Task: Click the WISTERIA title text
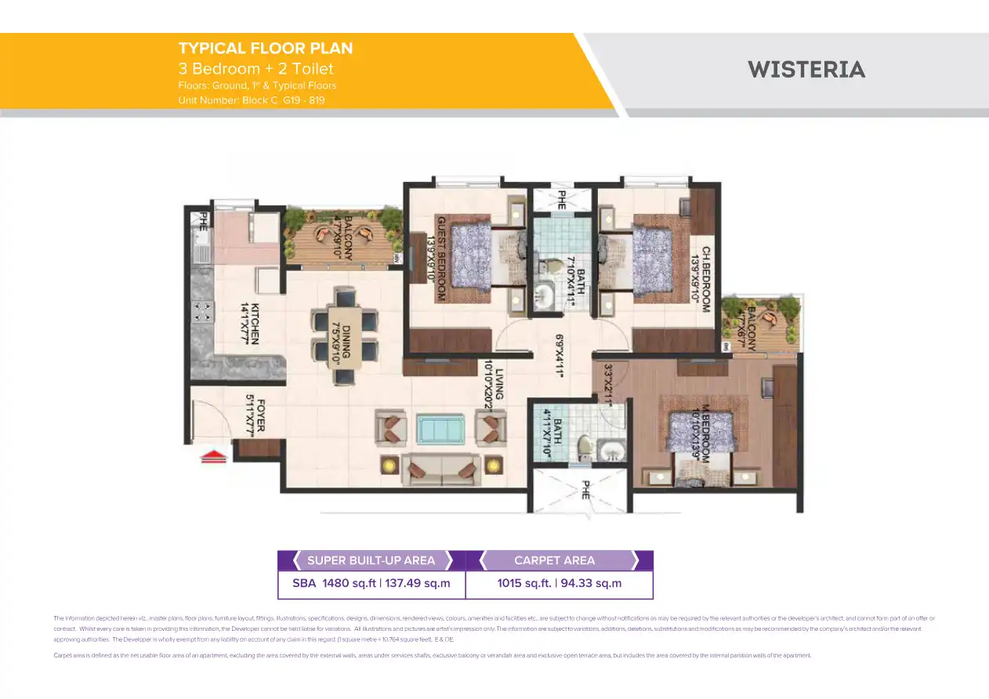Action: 806,70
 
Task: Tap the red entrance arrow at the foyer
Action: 214,456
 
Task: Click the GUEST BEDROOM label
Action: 442,259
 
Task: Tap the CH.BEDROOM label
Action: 705,280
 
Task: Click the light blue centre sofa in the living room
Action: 440,429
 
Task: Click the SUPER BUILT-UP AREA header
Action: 371,560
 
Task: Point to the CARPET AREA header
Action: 554,560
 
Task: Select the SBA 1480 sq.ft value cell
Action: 371,583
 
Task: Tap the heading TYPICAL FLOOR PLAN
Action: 266,49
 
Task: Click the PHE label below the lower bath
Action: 585,491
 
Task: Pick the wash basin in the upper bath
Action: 545,295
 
